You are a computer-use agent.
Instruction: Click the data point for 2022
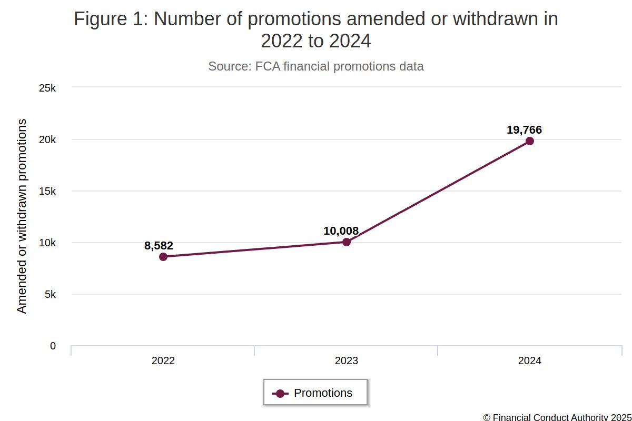[x=163, y=257]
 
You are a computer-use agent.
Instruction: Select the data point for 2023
[x=347, y=242]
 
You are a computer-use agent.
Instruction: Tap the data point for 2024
[x=530, y=141]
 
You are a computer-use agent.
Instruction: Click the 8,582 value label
[x=159, y=245]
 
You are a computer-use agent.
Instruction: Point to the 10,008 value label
[x=341, y=231]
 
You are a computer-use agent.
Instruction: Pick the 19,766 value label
[x=524, y=130]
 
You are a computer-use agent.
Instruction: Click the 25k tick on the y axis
[x=47, y=88]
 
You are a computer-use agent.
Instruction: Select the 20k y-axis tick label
[x=47, y=139]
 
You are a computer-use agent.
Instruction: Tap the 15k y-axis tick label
[x=47, y=191]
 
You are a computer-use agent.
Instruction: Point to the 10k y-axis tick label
[x=47, y=243]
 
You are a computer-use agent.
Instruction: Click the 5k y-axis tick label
[x=50, y=294]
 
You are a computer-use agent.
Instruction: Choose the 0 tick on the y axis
[x=53, y=346]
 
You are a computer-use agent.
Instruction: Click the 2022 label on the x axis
[x=163, y=361]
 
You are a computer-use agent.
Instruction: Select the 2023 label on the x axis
[x=347, y=361]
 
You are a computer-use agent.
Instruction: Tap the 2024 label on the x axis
[x=530, y=361]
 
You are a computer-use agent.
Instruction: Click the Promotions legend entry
[x=315, y=393]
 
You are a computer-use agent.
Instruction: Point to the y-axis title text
[x=22, y=216]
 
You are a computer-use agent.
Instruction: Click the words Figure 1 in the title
[x=108, y=19]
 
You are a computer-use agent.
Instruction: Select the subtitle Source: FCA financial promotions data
[x=316, y=66]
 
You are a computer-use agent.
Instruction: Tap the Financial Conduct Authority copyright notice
[x=557, y=417]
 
